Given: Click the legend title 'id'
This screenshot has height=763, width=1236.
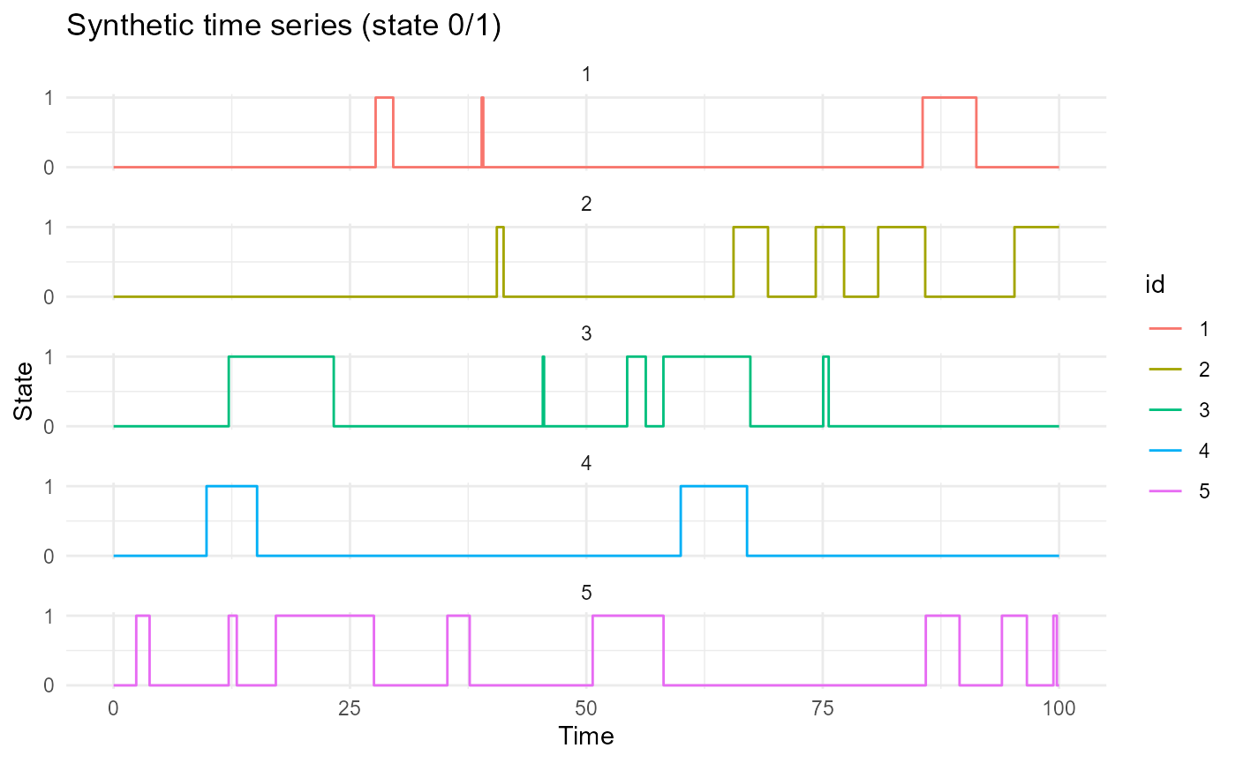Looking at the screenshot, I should (1150, 284).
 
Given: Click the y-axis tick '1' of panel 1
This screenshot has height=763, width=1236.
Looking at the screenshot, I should (49, 97).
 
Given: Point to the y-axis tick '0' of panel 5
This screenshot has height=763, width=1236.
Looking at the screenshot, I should (49, 685).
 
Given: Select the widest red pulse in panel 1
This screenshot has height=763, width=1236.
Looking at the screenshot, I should (949, 98).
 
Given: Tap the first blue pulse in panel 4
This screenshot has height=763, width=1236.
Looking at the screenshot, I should (231, 487).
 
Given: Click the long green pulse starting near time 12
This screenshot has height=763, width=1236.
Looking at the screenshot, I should (281, 357).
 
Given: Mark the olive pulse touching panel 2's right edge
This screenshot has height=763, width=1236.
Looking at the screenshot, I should (1036, 228).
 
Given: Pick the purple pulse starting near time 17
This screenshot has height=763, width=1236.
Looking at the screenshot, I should (324, 617).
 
